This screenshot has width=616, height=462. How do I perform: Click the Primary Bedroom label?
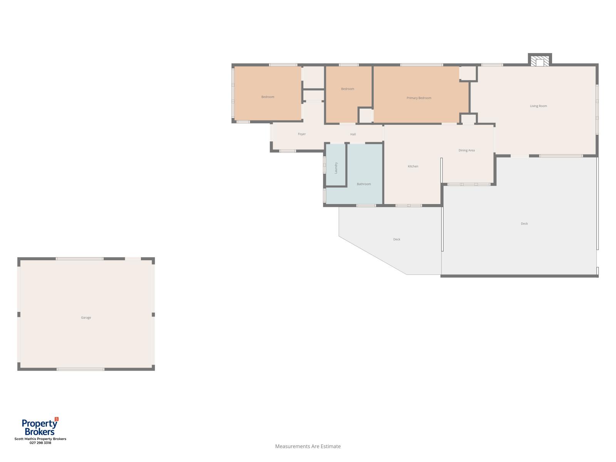point(419,98)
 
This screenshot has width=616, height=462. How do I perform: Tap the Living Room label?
point(538,106)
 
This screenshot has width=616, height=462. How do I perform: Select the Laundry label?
point(336,168)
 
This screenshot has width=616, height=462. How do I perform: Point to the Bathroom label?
point(364,184)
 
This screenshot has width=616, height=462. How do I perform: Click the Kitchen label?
point(413,166)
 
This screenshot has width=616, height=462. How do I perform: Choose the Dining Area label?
point(466,151)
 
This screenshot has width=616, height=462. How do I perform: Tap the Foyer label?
point(302,134)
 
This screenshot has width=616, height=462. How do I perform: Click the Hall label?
point(353,134)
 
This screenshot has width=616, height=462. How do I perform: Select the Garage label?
point(86,318)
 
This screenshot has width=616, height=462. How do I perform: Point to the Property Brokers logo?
point(40,426)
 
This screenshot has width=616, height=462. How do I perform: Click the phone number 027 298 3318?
point(40,443)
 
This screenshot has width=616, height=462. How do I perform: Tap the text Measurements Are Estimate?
point(308,446)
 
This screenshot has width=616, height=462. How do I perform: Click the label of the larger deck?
point(524,224)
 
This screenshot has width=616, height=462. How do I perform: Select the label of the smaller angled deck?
point(397,239)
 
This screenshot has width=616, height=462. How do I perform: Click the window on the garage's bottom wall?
point(80,369)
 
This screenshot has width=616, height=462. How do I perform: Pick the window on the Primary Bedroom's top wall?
point(421,65)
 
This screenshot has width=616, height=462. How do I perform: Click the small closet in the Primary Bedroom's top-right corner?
point(469,73)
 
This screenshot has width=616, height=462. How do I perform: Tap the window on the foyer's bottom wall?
point(287,151)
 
